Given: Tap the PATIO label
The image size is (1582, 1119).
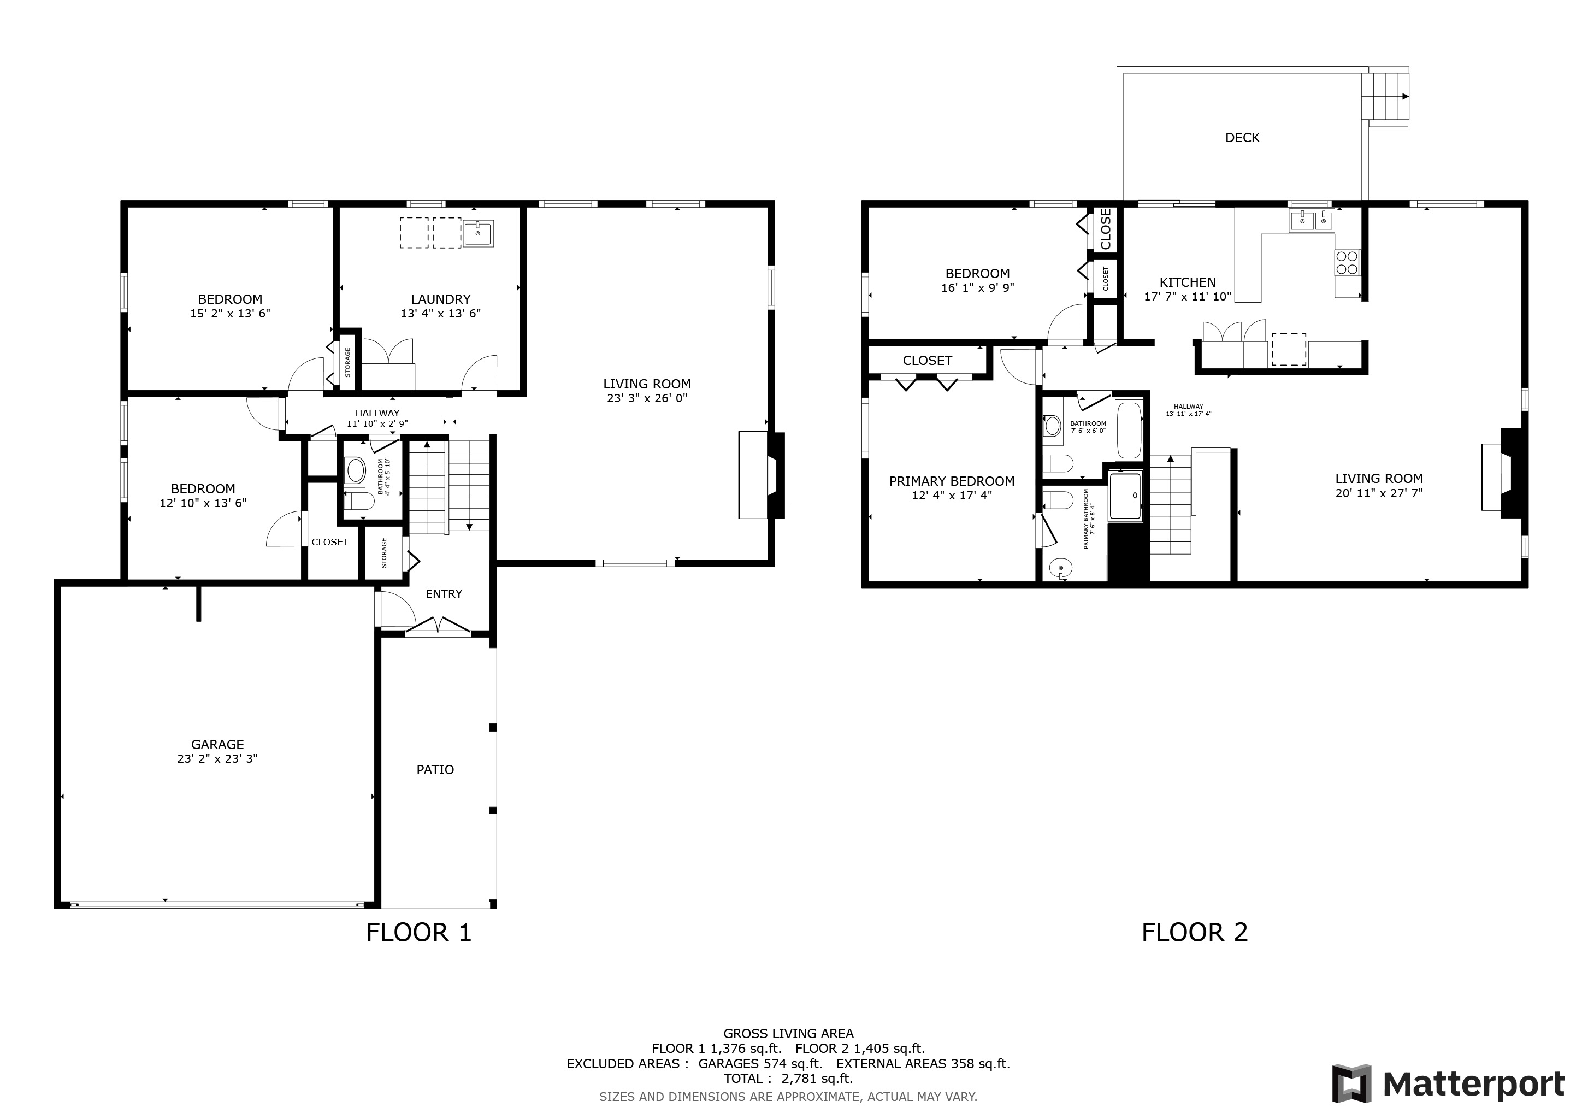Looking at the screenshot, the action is [435, 770].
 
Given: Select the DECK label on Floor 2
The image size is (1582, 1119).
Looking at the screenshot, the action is [1242, 138].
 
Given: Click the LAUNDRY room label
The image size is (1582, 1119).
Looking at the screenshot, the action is [440, 299].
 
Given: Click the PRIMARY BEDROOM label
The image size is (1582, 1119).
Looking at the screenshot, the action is [952, 481].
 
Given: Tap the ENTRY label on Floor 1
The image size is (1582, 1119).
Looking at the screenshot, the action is [444, 594].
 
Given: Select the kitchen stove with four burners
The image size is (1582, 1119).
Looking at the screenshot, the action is [1348, 262].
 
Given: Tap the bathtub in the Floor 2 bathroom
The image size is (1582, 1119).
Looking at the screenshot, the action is [1129, 430].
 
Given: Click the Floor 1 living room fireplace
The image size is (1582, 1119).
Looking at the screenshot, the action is [762, 475].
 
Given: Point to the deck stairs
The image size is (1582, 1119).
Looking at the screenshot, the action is [1385, 97].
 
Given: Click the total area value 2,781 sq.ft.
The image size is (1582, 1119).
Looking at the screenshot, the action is [817, 1079].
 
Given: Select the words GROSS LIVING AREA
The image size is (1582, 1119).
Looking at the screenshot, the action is [788, 1034].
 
